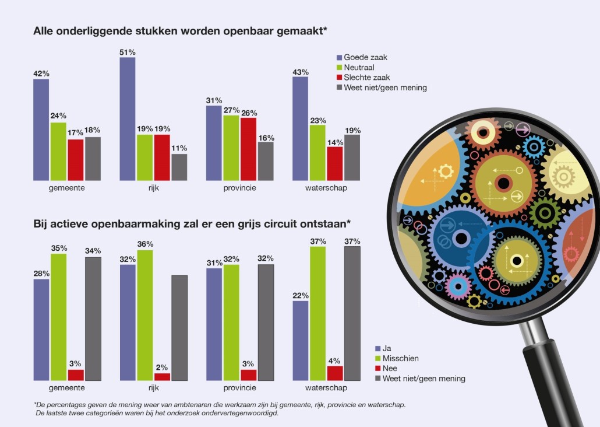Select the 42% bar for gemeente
click(x=41, y=129)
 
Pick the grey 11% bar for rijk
click(x=179, y=167)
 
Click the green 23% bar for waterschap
click(x=317, y=152)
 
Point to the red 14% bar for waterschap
click(x=334, y=163)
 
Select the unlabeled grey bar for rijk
click(x=179, y=328)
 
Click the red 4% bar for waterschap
click(x=335, y=373)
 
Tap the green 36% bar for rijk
click(x=145, y=315)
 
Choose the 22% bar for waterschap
click(x=300, y=341)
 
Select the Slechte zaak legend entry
click(x=366, y=77)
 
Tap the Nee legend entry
click(x=390, y=368)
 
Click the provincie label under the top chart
click(x=240, y=188)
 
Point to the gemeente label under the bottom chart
click(x=67, y=388)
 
